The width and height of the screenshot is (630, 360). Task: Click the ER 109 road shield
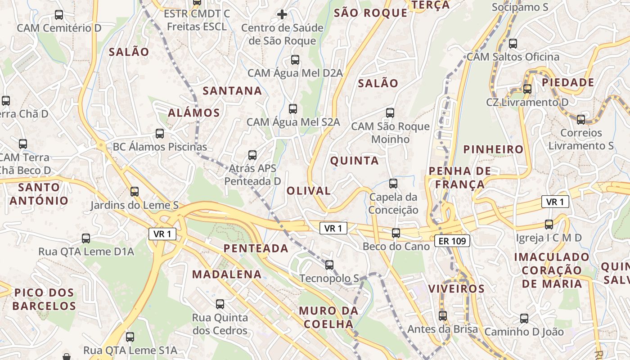(x=453, y=241)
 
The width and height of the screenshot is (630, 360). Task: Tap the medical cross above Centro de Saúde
(x=282, y=14)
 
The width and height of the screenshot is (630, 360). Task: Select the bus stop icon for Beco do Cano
(x=396, y=233)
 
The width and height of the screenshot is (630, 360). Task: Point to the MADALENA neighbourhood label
(x=227, y=274)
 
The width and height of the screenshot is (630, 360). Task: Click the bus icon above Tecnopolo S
(x=329, y=265)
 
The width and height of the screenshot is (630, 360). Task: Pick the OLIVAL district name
(x=309, y=190)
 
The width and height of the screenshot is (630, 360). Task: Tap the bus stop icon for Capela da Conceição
(x=393, y=183)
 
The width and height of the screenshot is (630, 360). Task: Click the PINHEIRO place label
(x=494, y=149)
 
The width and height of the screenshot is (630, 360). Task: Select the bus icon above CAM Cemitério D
(x=59, y=14)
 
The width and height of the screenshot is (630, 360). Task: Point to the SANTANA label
(x=232, y=91)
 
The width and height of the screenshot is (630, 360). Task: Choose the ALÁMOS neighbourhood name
(x=194, y=112)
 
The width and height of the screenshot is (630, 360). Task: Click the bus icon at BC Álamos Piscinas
(x=160, y=133)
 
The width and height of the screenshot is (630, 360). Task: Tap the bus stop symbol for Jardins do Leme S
(x=135, y=192)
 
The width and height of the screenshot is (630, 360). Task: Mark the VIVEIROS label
(x=456, y=288)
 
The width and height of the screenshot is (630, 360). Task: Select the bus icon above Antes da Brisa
(x=443, y=315)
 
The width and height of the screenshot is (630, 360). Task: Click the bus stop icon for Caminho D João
(x=524, y=319)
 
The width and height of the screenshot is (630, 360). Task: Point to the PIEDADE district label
(x=568, y=82)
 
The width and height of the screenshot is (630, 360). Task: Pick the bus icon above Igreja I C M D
(x=549, y=224)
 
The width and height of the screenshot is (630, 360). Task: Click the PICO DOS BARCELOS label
(x=44, y=300)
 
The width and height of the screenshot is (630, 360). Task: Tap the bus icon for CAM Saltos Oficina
(x=513, y=44)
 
